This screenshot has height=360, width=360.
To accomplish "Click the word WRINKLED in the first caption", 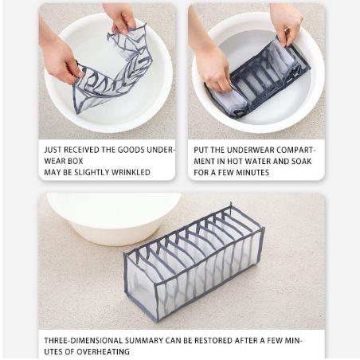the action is [131, 172].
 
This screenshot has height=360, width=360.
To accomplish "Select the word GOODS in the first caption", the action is [131, 150].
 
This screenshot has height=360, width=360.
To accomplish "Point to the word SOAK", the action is [301, 162].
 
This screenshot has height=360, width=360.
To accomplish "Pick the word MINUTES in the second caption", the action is [252, 173].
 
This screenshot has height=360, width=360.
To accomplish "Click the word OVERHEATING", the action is [104, 352].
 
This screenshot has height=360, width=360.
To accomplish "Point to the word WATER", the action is [257, 162].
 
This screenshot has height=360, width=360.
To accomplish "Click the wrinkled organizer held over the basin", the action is [111, 70].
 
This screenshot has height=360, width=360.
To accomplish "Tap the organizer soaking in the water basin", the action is [257, 79].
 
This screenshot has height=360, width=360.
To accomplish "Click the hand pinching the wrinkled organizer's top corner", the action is [121, 18].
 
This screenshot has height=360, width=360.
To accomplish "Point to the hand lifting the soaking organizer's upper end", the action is [286, 24].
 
